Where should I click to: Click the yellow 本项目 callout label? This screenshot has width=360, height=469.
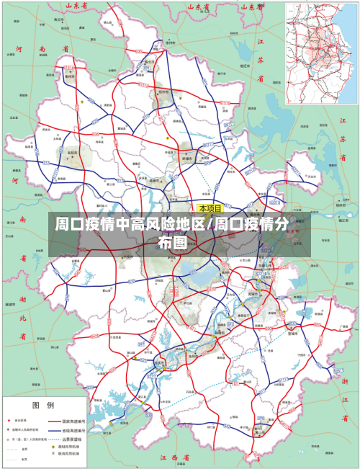pyautogui.click(x=211, y=208)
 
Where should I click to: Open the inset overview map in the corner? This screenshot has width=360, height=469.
pyautogui.click(x=321, y=53)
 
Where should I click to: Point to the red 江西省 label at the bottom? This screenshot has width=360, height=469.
pyautogui.click(x=174, y=457)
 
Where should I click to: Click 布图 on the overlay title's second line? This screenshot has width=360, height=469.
pyautogui.click(x=171, y=242)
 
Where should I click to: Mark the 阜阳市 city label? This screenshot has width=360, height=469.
pyautogui.click(x=72, y=153)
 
